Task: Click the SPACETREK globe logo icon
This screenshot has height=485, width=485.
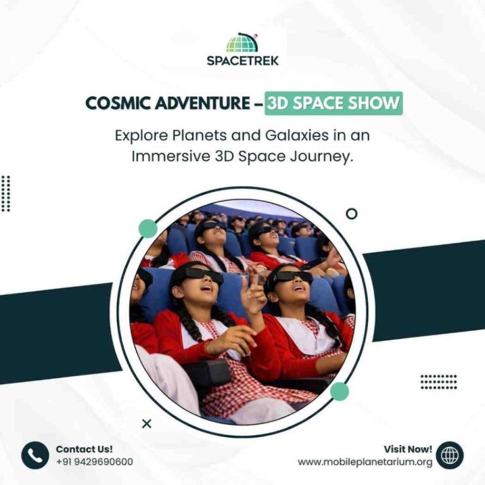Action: pyautogui.click(x=242, y=43)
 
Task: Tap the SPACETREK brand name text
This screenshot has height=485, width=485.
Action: pyautogui.click(x=242, y=61)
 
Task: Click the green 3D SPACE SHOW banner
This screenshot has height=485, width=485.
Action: pyautogui.click(x=333, y=104)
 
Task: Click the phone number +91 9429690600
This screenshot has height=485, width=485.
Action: pyautogui.click(x=94, y=462)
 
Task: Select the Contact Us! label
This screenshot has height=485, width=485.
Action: pyautogui.click(x=84, y=449)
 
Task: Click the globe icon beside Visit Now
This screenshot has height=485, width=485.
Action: pyautogui.click(x=450, y=455)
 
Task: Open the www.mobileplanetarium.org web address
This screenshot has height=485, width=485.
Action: pyautogui.click(x=365, y=462)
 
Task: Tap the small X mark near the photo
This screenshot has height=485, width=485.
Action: pyautogui.click(x=147, y=424)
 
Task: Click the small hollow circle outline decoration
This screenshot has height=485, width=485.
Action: pyautogui.click(x=352, y=213)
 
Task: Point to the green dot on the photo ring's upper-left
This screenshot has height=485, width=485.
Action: pyautogui.click(x=148, y=229)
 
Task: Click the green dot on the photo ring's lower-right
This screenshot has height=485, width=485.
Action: pyautogui.click(x=339, y=392)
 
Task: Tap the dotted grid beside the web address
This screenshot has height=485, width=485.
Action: pyautogui.click(x=438, y=381)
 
